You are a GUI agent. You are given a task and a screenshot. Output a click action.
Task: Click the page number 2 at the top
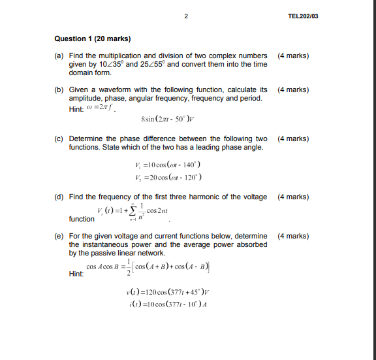tap(186, 15)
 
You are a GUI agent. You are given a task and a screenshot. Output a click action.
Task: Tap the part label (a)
tap(58, 56)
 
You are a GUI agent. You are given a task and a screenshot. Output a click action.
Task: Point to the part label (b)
tap(58, 90)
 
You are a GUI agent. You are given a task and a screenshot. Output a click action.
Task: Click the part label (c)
tap(58, 139)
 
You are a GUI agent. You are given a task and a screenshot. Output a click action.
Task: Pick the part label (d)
tap(58, 197)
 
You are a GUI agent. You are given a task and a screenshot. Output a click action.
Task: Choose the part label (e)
tap(58, 236)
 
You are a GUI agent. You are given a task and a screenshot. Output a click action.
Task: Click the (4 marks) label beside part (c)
tap(293, 139)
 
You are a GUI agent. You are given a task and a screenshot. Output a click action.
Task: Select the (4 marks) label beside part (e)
tap(293, 236)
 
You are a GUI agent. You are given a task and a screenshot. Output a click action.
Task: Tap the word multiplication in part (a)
tap(116, 56)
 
